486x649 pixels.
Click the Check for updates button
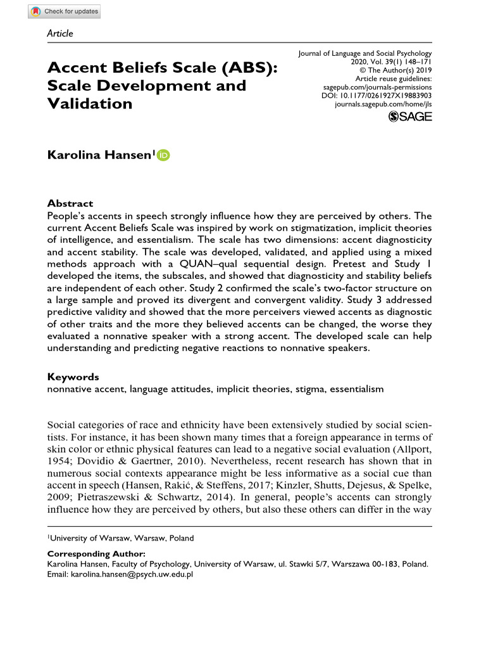[x=65, y=11]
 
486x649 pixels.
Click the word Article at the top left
[x=60, y=33]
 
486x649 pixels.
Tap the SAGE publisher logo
[x=410, y=117]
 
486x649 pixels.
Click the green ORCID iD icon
[x=164, y=155]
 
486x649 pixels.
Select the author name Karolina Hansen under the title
[x=100, y=155]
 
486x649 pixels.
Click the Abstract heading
[x=70, y=203]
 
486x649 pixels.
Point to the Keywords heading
[x=73, y=376]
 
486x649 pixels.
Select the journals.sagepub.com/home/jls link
[x=383, y=103]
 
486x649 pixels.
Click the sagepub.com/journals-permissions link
[x=377, y=87]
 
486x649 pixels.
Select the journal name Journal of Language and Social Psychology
[x=364, y=53]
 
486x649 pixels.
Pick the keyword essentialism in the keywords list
[x=354, y=389]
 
